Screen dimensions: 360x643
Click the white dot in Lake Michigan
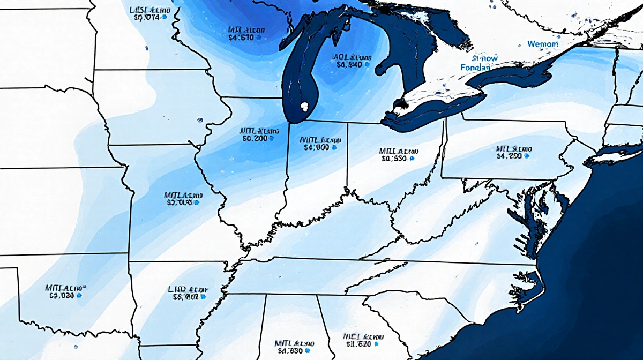point(304,106)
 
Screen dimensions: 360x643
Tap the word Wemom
point(542,44)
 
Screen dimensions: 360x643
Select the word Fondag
point(476,68)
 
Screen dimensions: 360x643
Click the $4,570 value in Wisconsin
point(241,37)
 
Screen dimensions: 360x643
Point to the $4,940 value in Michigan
point(349,64)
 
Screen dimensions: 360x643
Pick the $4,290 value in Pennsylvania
point(509,156)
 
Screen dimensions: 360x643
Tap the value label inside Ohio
point(394,159)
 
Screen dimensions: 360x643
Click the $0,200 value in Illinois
point(255,138)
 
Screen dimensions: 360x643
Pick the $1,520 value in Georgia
point(358,344)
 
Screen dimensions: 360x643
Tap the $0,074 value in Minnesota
point(145,17)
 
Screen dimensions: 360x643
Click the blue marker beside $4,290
point(527,156)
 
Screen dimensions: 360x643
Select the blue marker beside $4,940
point(368,64)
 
